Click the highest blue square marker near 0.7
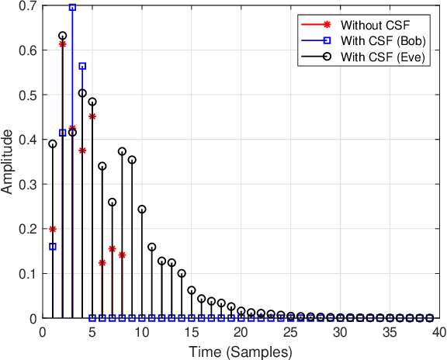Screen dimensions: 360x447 [x=72, y=8]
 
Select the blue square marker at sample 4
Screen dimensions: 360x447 [x=82, y=66]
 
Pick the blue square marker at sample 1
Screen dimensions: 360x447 [x=53, y=247]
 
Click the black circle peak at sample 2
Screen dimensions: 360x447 [x=63, y=36]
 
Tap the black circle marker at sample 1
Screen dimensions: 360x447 [x=53, y=144]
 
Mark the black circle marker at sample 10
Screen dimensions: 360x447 [x=142, y=209]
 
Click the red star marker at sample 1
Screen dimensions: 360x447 [x=53, y=229]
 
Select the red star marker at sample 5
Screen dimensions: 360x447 [x=92, y=116]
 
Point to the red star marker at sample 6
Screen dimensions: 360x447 [x=102, y=263]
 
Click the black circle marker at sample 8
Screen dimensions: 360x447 [x=122, y=151]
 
